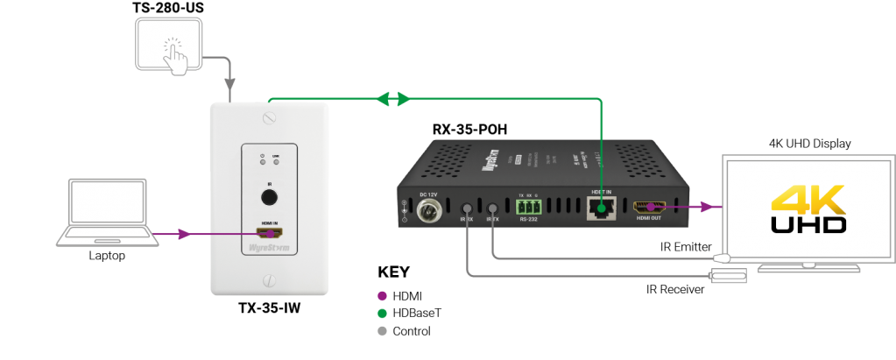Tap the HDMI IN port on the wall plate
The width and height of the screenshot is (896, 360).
(269, 234)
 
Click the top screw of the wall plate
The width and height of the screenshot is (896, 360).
(270, 116)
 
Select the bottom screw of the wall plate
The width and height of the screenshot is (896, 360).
(270, 281)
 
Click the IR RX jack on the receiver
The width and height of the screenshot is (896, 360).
(468, 211)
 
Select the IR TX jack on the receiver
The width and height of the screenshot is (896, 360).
(494, 210)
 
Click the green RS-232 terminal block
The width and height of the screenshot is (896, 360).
(528, 208)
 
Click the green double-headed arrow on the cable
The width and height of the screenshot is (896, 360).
(392, 100)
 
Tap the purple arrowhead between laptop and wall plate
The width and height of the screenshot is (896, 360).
(184, 234)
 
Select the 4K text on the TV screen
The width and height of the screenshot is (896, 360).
(808, 200)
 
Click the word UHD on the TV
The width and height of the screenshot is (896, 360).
(808, 225)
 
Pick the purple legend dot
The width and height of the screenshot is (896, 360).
(381, 295)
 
